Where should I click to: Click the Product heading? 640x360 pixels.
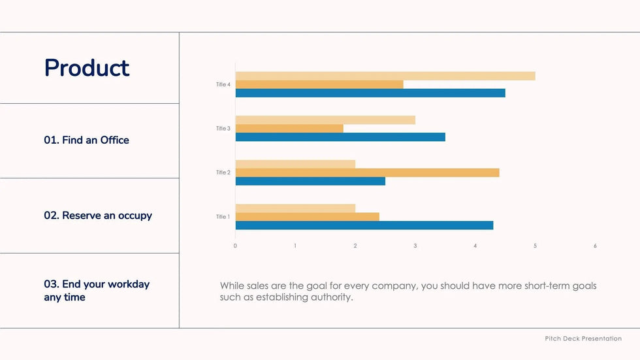pos(87,68)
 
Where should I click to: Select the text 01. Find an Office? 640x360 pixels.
pos(86,140)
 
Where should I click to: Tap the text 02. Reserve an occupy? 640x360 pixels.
pos(98,216)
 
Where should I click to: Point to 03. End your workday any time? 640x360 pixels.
pos(97,291)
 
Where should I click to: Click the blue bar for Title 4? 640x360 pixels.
pos(370,93)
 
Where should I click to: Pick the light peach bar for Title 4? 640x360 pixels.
pos(385,76)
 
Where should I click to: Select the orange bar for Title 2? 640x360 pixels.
pos(367,172)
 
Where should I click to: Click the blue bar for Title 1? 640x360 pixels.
pos(364,225)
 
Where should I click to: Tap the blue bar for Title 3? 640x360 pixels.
pos(340,137)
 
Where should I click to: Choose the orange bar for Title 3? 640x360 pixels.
pos(289,129)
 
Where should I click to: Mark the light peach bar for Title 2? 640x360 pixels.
pos(295,164)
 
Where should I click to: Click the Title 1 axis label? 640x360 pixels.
pos(223,217)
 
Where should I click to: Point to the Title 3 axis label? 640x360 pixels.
pos(223,129)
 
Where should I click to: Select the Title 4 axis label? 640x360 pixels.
pos(223,84)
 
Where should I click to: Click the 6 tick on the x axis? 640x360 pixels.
pos(595,246)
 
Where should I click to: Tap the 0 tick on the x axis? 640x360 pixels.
pos(235,246)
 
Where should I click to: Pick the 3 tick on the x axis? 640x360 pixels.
pos(415,246)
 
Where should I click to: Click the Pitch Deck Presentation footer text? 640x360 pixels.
pos(583,338)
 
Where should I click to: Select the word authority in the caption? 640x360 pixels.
pos(330,297)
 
